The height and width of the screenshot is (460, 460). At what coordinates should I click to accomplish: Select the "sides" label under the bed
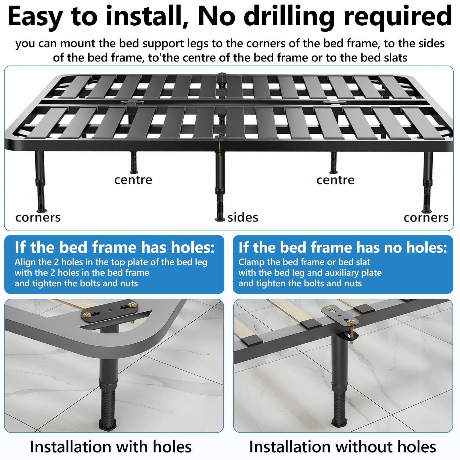243,217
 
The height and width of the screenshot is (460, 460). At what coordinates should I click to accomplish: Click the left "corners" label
38,218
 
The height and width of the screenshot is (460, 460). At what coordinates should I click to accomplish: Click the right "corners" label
426,218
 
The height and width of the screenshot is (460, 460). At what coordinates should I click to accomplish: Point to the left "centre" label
133,180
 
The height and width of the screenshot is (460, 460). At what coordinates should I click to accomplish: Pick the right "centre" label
335,180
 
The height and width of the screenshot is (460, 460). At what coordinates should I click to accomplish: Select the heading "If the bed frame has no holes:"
343,247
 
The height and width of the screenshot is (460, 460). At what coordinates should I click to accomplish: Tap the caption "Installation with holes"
111,446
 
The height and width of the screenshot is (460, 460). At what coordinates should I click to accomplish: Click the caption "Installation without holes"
343,446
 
